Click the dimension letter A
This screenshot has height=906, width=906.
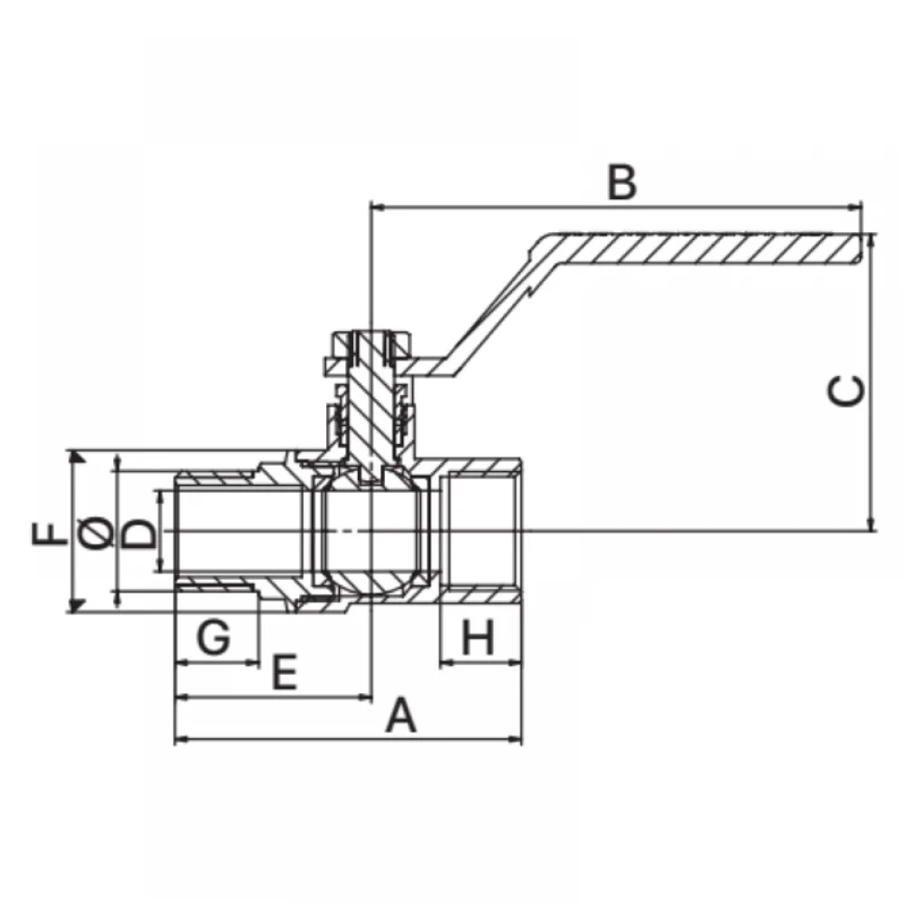[401, 716]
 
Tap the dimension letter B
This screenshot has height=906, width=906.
[622, 183]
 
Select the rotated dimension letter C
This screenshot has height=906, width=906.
[846, 390]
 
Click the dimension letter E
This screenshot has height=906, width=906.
[284, 672]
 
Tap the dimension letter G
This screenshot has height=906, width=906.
[214, 637]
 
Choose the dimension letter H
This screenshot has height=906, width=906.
[478, 637]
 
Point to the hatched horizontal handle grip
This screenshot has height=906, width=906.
[700, 249]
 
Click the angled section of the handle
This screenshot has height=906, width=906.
[491, 315]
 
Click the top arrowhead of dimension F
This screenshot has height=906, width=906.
[75, 458]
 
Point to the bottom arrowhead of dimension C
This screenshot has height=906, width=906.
[872, 523]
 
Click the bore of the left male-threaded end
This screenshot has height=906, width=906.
[239, 530]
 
